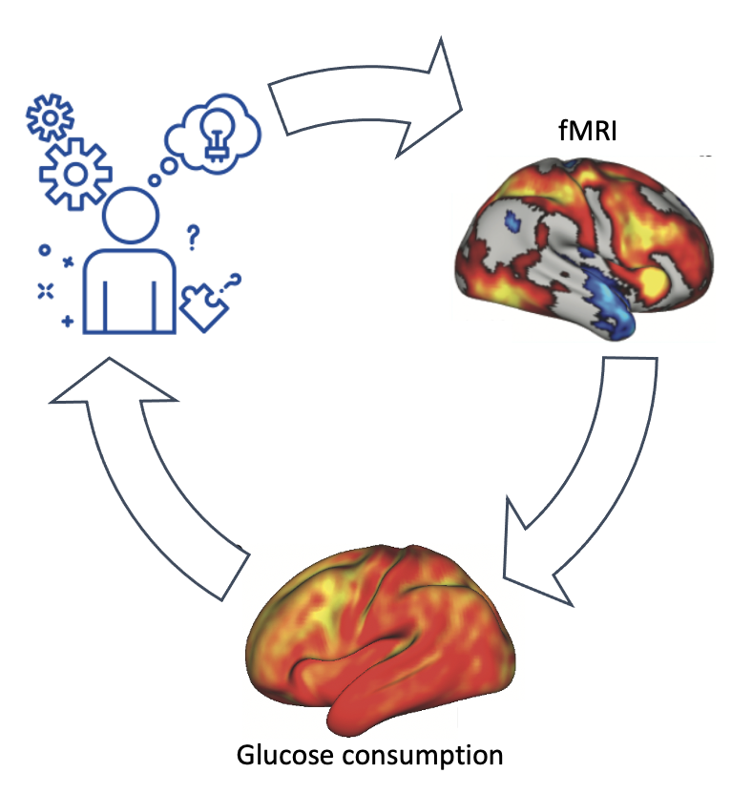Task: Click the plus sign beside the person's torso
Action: click(x=67, y=322)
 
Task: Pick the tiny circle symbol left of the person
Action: click(x=43, y=250)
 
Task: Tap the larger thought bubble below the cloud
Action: click(x=169, y=165)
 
